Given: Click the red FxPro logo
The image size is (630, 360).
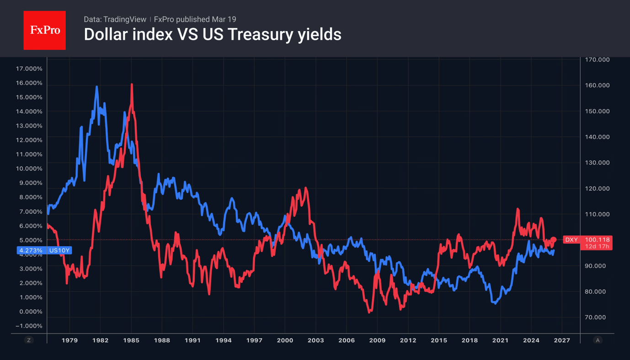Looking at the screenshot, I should [x=44, y=31].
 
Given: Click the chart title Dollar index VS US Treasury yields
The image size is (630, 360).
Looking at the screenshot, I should [x=212, y=35].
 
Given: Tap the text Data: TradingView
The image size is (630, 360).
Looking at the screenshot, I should [x=115, y=19].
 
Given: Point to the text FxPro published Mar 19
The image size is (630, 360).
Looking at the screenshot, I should [x=195, y=19].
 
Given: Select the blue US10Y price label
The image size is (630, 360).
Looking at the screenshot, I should [x=44, y=250].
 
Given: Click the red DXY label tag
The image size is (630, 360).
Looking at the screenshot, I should [x=571, y=240].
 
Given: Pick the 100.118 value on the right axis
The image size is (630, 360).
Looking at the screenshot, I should [x=597, y=240].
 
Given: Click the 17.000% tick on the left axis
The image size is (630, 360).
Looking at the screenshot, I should [x=29, y=69].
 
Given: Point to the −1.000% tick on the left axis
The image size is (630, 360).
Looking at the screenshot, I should [x=29, y=326].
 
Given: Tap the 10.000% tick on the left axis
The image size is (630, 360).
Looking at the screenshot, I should [x=29, y=169].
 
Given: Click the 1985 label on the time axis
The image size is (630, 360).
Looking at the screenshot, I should [x=131, y=340].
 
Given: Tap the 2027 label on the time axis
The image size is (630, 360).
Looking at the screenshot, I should [x=562, y=340].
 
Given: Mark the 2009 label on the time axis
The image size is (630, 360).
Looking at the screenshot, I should [x=377, y=340].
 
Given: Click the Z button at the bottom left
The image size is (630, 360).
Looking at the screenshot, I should [x=29, y=340].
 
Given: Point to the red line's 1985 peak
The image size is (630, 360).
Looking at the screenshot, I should [x=132, y=85].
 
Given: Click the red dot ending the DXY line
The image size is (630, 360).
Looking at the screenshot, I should [x=554, y=239].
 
